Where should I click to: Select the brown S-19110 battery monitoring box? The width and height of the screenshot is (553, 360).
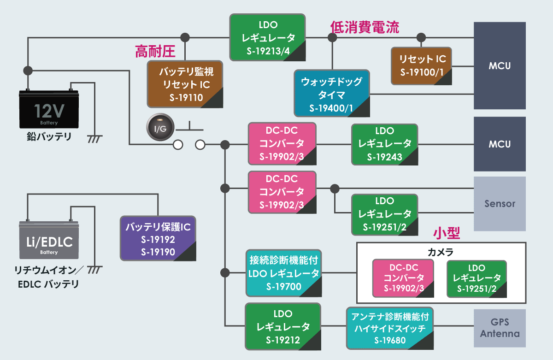(185, 84)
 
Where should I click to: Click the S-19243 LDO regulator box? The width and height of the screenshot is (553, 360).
(385, 144)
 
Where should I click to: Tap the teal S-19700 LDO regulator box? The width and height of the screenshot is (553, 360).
(283, 273)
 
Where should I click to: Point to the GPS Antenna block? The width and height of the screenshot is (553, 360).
(500, 328)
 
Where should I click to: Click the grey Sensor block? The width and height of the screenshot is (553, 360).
(500, 203)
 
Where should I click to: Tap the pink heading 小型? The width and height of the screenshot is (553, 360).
(447, 233)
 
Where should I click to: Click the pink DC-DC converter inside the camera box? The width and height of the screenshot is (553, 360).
(403, 278)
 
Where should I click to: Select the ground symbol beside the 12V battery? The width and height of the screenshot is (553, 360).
(95, 138)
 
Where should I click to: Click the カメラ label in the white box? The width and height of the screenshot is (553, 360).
(441, 252)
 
